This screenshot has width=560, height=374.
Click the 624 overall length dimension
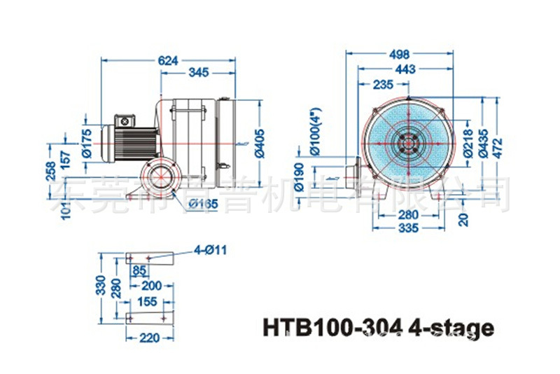168,62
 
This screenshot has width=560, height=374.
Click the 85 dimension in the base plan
139,270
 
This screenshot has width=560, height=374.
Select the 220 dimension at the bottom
145,337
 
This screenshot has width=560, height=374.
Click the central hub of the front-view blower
405,142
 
